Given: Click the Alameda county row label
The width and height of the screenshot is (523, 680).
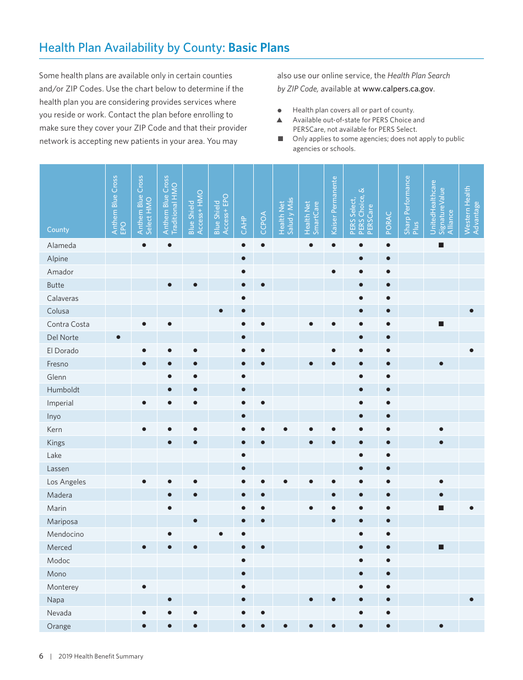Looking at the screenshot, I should click(x=62, y=245).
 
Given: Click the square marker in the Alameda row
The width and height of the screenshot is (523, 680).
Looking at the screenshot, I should click(x=441, y=245).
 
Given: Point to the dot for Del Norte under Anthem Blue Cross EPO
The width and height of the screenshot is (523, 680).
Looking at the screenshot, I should click(x=118, y=337).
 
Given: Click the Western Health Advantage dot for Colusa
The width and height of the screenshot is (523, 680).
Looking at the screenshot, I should click(x=472, y=311).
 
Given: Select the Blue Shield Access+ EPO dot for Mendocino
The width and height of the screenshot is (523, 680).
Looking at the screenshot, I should click(x=221, y=534).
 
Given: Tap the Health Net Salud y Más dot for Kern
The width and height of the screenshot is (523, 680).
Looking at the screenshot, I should click(x=285, y=429).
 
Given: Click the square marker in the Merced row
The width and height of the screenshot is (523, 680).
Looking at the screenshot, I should click(x=441, y=547).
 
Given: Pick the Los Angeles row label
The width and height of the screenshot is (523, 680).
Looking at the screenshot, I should click(x=66, y=482).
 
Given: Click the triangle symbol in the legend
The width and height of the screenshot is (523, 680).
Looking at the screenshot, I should click(x=280, y=120).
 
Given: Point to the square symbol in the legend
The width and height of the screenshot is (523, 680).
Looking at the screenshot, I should click(x=280, y=139).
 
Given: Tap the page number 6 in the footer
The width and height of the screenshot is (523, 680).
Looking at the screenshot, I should click(x=41, y=656).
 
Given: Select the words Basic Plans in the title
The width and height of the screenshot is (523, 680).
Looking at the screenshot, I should click(x=259, y=48).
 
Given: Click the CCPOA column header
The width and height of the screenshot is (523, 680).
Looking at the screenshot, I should click(x=263, y=223).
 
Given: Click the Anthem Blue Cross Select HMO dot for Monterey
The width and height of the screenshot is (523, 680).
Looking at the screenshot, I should click(x=144, y=587).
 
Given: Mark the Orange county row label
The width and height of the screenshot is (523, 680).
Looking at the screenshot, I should click(x=59, y=626).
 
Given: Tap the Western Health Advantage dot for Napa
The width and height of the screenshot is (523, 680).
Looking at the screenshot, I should click(x=472, y=600).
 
